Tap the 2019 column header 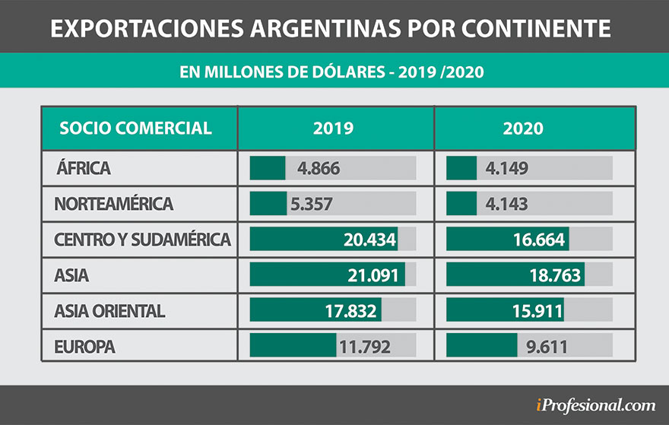(x=334, y=128)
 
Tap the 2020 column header (x=523, y=128)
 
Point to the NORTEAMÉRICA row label (x=114, y=204)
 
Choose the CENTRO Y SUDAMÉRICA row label (x=142, y=239)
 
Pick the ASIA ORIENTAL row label (x=109, y=311)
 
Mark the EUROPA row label (x=84, y=347)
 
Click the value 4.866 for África (x=319, y=169)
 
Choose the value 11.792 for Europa (x=365, y=347)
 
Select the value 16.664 (x=538, y=240)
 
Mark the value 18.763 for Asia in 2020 (x=555, y=275)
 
